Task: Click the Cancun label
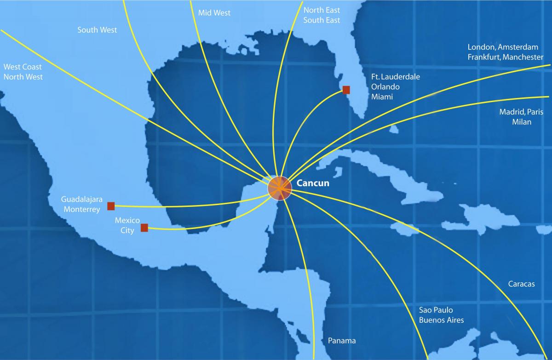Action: point(313,183)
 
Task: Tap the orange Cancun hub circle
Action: point(280,188)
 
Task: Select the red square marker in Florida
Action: point(346,90)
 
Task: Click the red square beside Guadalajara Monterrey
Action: point(111,206)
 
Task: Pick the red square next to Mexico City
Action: point(144,228)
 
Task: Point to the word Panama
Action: point(342,341)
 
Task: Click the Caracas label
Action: point(521,284)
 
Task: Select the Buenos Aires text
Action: point(441,320)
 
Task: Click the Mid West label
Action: point(214,13)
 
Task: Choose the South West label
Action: point(97,30)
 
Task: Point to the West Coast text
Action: point(22,67)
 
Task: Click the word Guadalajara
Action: point(81,200)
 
